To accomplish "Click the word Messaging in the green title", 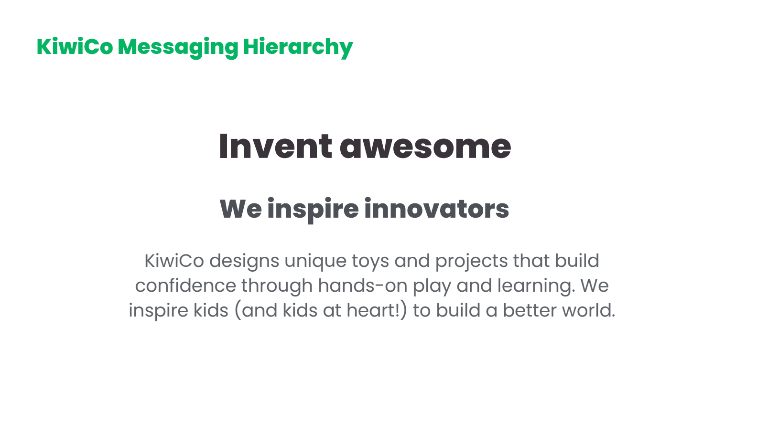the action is (178, 47).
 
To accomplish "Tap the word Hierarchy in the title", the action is (298, 47).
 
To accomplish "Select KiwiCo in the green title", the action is (75, 46).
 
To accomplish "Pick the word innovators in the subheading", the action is (437, 208).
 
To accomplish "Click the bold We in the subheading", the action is (240, 209).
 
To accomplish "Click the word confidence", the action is (185, 286).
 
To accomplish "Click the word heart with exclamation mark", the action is (377, 310).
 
